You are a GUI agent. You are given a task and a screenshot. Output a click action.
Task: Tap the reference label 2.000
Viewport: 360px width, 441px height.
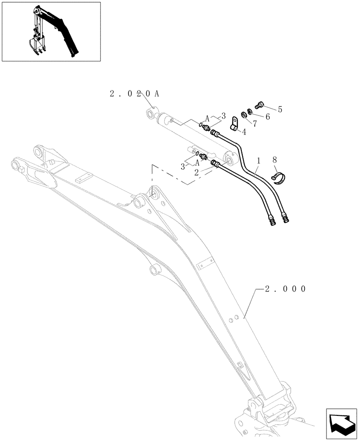pyautogui.click(x=285, y=289)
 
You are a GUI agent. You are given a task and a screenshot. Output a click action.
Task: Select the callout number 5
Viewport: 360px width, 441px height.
pyautogui.click(x=280, y=109)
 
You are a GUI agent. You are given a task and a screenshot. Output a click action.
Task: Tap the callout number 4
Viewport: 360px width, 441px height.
pyautogui.click(x=244, y=131)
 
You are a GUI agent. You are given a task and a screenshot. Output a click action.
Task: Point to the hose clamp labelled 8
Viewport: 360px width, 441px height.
pyautogui.click(x=278, y=178)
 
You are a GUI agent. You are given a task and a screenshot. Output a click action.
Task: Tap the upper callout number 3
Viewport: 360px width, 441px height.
pyautogui.click(x=223, y=116)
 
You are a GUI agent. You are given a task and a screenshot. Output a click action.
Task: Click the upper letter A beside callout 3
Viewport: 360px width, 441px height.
pyautogui.click(x=208, y=118)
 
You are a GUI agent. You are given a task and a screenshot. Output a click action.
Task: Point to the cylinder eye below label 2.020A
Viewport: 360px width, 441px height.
pyautogui.click(x=151, y=115)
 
